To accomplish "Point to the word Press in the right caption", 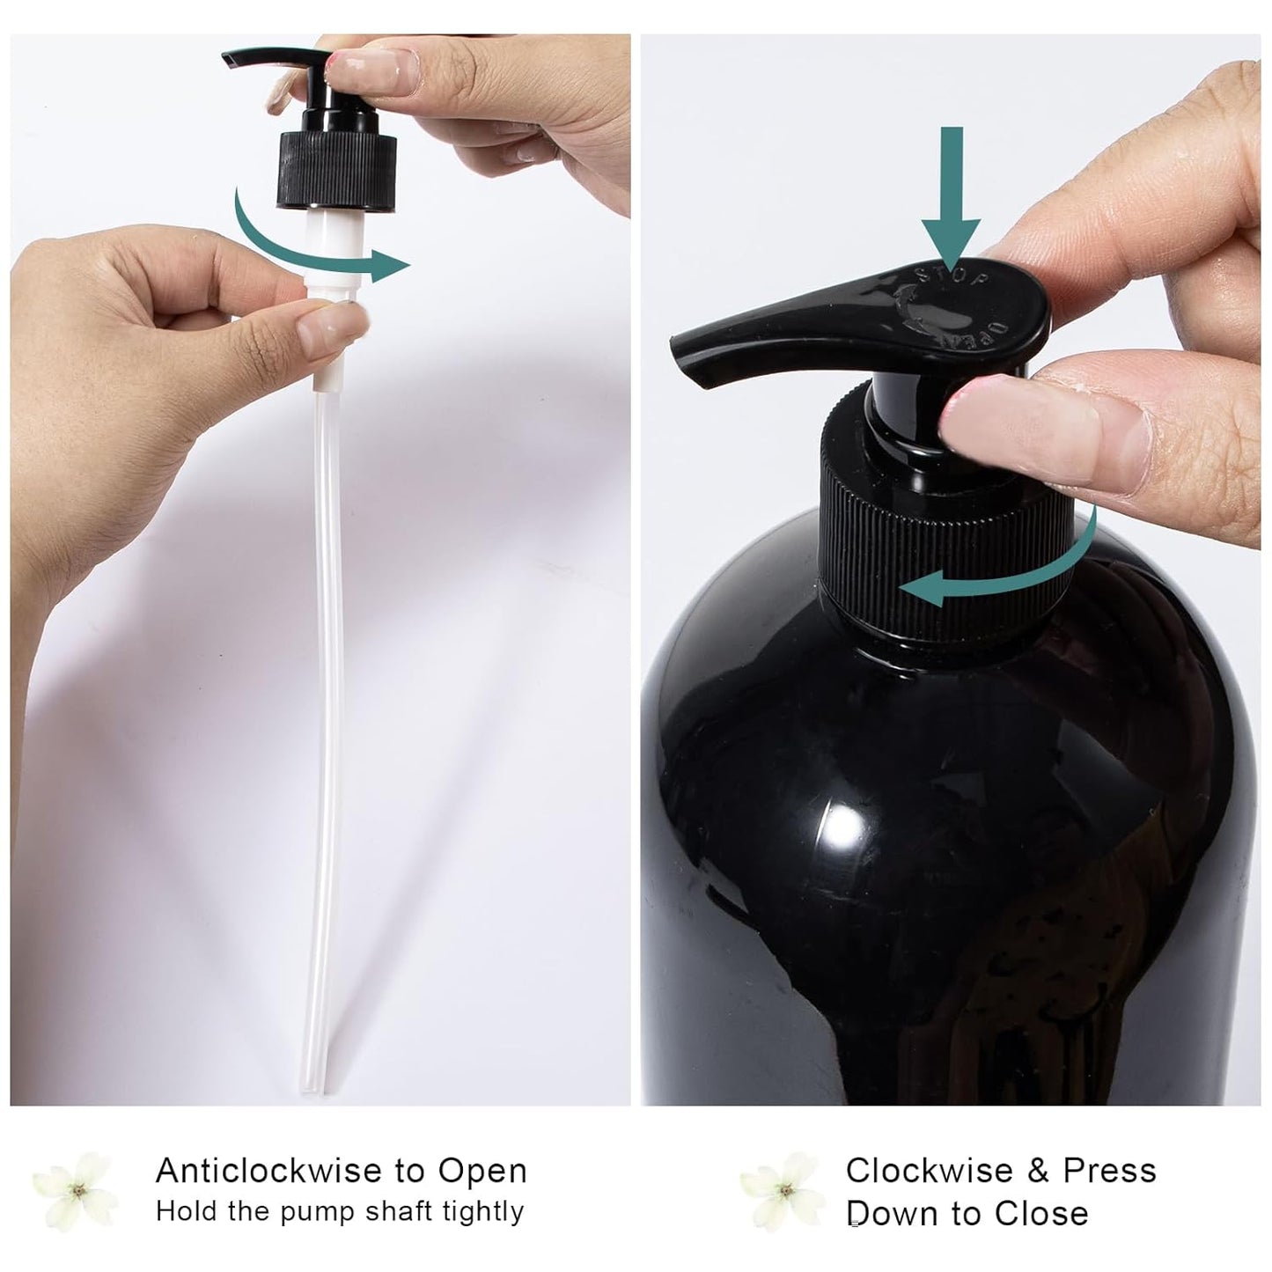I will (1109, 1171).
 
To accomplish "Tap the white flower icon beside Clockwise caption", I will (783, 1191).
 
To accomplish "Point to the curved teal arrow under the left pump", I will (308, 246).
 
